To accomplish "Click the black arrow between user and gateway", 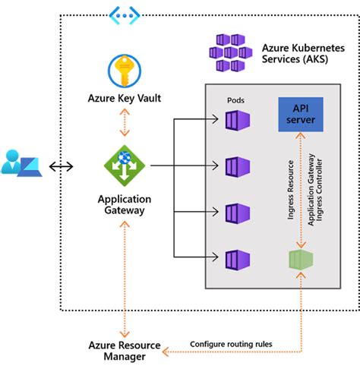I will (x=61, y=165).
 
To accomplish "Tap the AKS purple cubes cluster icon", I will (x=232, y=52).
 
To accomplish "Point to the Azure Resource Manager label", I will (x=123, y=351).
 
